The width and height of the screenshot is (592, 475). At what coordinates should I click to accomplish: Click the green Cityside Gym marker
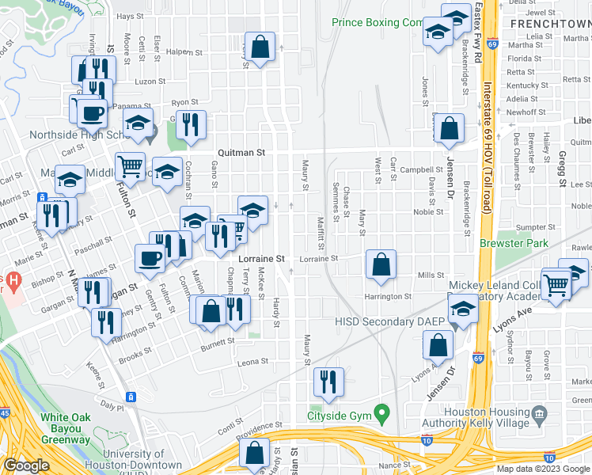click(382, 413)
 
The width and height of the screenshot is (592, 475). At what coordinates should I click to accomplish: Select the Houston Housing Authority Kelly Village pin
click(540, 413)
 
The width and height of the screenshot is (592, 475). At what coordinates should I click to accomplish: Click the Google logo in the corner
click(25, 465)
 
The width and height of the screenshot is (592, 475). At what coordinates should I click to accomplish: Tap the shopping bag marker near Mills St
click(381, 265)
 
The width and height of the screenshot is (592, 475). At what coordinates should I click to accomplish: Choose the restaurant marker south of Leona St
click(328, 382)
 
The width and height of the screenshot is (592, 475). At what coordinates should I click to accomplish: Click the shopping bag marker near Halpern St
click(260, 47)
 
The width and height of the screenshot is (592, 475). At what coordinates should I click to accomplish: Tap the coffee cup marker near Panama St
click(92, 113)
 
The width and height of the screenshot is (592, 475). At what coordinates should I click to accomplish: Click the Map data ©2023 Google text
click(542, 469)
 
